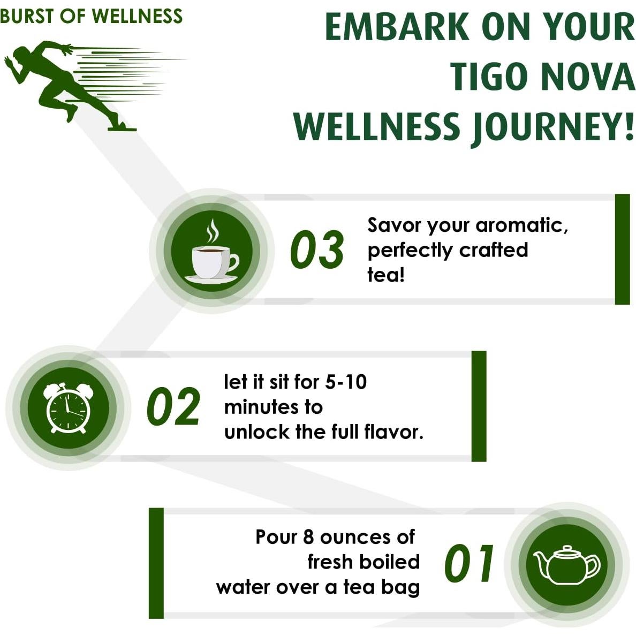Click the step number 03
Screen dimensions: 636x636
[317, 250]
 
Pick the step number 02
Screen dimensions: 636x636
[173, 407]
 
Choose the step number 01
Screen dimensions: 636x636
[470, 564]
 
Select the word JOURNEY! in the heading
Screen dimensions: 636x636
[553, 127]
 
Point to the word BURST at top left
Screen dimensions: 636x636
[27, 16]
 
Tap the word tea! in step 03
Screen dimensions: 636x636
[385, 275]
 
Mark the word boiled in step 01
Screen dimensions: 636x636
[389, 562]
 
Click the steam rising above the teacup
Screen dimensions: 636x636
[213, 231]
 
